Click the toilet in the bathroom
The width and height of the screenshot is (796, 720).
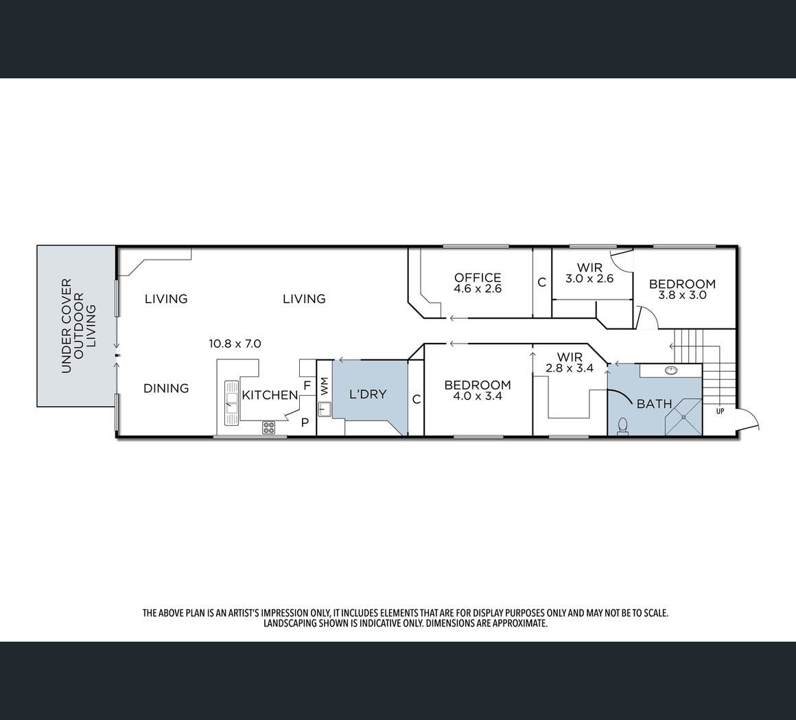(622, 426)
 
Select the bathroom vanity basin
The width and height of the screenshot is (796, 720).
(671, 370)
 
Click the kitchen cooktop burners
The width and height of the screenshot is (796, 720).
(268, 428)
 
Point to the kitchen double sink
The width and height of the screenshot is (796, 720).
(232, 403)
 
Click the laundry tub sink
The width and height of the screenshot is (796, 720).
(325, 409)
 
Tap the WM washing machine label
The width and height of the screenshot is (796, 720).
(325, 386)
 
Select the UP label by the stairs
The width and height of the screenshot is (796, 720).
(720, 412)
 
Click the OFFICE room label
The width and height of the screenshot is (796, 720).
(478, 278)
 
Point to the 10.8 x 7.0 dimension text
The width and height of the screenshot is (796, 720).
(235, 344)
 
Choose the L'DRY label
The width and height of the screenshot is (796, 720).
(368, 394)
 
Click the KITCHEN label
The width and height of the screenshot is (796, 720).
(270, 395)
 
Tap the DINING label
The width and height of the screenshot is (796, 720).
(166, 388)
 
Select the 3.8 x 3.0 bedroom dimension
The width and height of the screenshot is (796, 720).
(682, 295)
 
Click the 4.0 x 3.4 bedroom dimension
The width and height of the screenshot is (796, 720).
(477, 396)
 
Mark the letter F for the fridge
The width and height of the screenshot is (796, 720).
(307, 385)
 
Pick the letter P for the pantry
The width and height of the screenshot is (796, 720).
(305, 423)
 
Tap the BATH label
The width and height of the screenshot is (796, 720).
(655, 404)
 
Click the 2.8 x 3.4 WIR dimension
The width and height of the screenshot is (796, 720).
(570, 368)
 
